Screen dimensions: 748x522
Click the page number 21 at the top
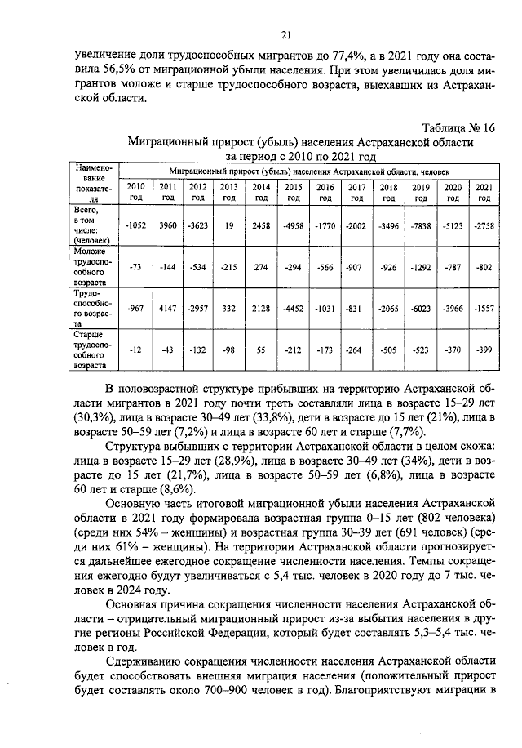285,34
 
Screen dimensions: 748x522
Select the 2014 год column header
261,192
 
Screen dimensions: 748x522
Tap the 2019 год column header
420,192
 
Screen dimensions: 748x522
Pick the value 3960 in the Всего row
168,225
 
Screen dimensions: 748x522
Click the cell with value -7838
420,225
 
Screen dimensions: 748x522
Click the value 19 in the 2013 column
229,225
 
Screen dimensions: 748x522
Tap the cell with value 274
261,265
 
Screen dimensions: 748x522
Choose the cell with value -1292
420,265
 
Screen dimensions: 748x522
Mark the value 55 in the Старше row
261,349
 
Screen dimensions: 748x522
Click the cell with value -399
484,349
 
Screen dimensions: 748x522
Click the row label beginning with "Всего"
90,225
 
